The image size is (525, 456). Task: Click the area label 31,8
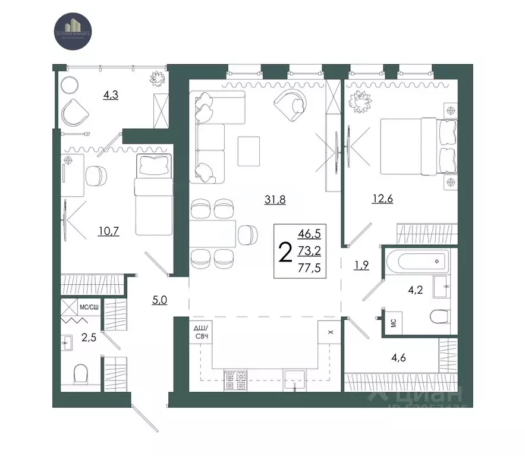(x=275, y=200)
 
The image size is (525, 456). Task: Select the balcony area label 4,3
(x=110, y=95)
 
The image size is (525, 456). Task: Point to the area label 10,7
(x=109, y=231)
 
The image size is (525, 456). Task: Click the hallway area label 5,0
(x=159, y=300)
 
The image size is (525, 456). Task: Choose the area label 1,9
(x=361, y=266)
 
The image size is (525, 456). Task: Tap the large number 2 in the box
(x=285, y=252)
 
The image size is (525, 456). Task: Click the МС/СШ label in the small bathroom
(x=89, y=307)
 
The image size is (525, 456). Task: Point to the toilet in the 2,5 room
(x=81, y=373)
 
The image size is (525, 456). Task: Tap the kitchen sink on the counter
(x=295, y=379)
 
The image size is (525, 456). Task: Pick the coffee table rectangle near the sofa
(x=249, y=151)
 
